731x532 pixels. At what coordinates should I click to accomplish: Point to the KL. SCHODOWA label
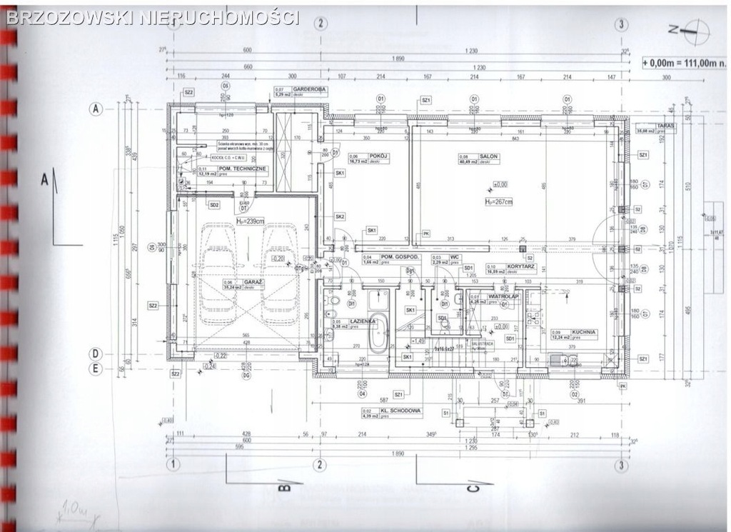click(x=403, y=411)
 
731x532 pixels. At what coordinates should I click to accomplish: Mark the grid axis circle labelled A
click(x=94, y=109)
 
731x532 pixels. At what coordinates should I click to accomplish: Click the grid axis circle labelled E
click(x=94, y=368)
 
